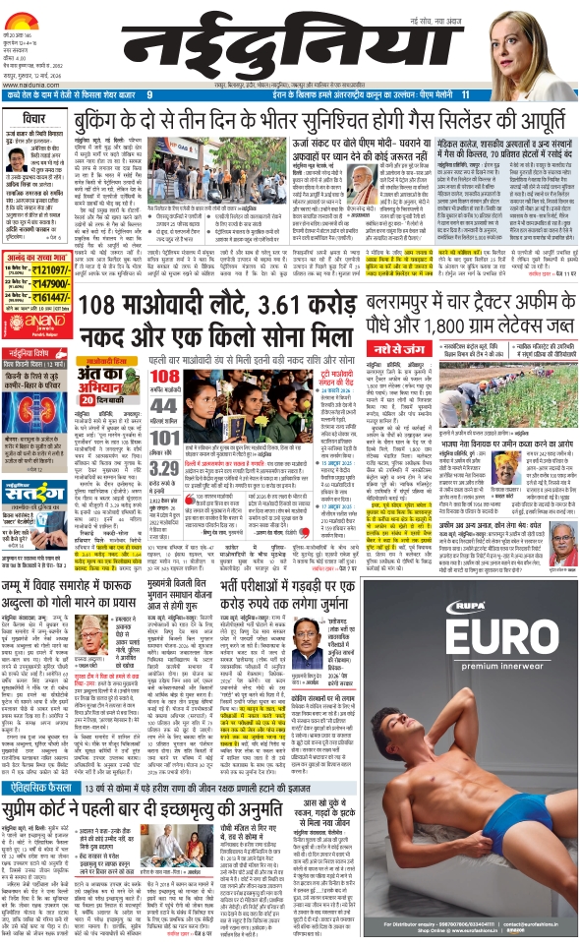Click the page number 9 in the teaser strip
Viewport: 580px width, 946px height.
(149, 94)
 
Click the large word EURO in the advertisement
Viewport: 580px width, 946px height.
(471, 625)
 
